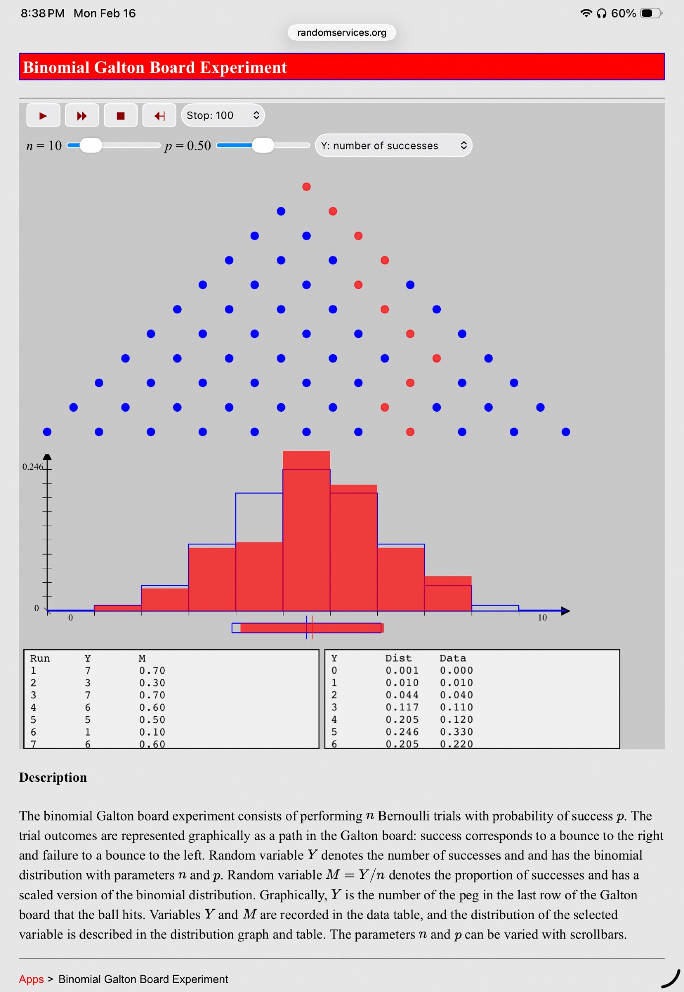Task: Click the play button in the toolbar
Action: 43,116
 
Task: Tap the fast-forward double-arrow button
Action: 82,116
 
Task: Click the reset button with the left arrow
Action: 159,116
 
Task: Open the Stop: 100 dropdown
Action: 223,116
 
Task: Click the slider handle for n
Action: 91,145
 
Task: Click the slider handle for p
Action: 263,145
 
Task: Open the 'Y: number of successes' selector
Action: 393,146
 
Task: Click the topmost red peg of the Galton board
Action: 307,187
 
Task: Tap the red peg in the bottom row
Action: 410,432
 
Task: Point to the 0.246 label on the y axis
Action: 32,467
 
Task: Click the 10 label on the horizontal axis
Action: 542,618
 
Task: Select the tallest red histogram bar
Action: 306,531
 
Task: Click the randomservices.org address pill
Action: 342,33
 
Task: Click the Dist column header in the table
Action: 398,658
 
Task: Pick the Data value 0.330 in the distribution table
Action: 456,732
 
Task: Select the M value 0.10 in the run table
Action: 152,732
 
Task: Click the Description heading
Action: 53,777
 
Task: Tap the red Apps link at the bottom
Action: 31,979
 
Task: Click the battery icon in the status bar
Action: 650,13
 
